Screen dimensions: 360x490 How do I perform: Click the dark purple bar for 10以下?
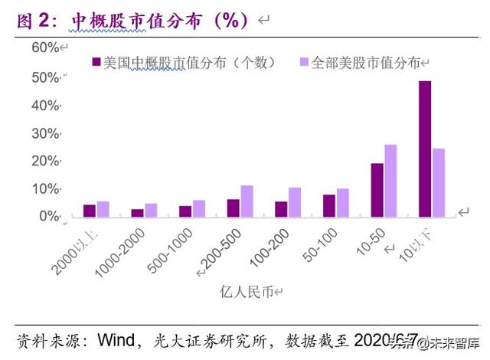424,149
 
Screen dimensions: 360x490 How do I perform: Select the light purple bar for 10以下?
438,182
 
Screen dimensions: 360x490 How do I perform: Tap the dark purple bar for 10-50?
377,190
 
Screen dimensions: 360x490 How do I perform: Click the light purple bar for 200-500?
247,201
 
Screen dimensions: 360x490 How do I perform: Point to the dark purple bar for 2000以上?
90,211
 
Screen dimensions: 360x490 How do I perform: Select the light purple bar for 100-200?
295,202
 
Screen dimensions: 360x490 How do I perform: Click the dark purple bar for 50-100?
329,205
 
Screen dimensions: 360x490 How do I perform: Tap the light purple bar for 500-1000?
199,208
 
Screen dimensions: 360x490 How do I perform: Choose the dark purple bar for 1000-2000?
137,213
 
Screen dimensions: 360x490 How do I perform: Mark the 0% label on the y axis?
48,217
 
